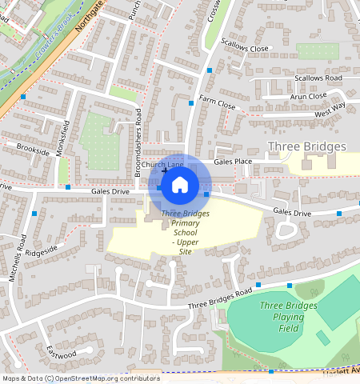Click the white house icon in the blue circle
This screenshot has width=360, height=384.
[x=180, y=185]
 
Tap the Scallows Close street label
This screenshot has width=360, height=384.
[x=245, y=49]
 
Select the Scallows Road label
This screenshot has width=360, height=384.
[x=318, y=78]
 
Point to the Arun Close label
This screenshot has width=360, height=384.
[x=308, y=96]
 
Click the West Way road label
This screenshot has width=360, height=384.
[x=330, y=110]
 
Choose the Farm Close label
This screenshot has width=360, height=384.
[x=218, y=105]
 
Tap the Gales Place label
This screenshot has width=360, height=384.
[x=233, y=162]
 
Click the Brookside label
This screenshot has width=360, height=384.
[x=33, y=150]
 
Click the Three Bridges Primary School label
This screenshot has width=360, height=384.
[x=185, y=232]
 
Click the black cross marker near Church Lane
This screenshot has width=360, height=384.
[x=165, y=171]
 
